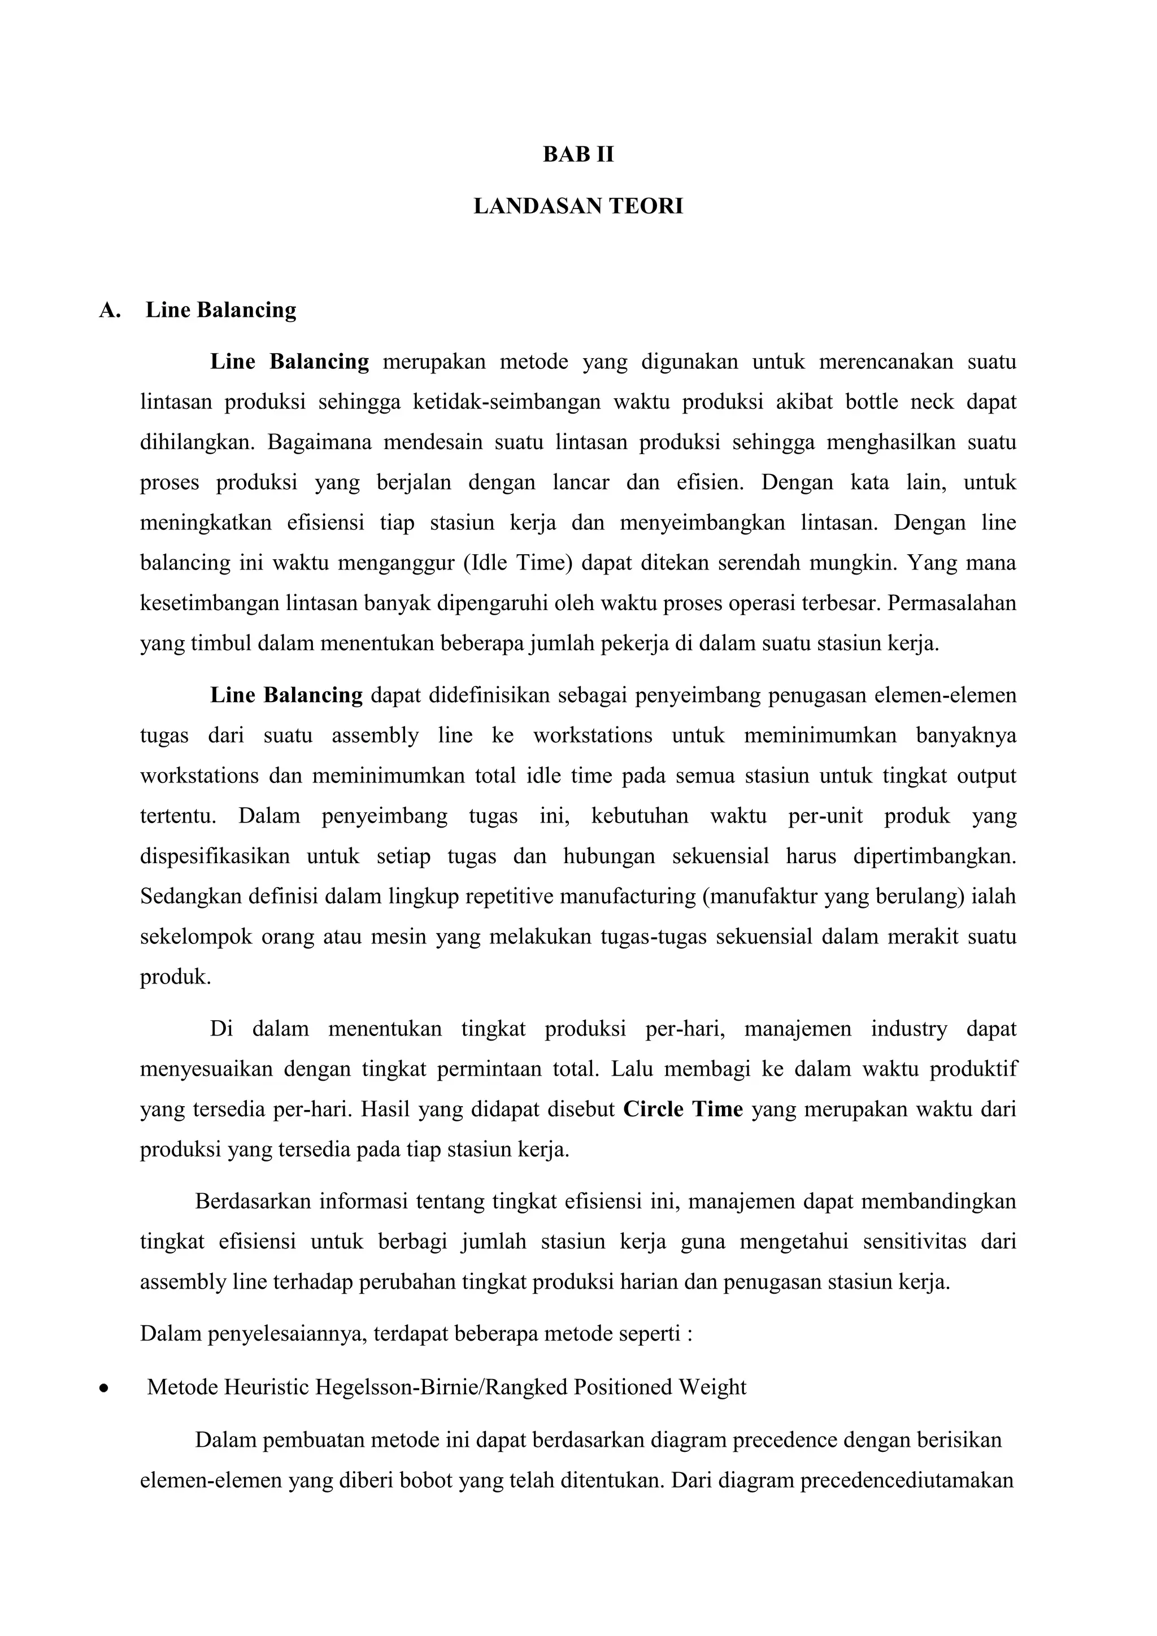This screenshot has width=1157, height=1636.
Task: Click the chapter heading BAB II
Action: point(578,155)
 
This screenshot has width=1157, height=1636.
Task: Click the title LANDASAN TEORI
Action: point(578,207)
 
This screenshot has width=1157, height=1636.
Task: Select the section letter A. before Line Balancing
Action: point(110,310)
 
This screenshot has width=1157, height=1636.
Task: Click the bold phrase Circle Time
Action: point(682,1109)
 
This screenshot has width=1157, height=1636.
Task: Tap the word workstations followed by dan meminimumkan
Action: point(199,775)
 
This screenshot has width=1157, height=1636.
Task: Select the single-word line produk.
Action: point(175,976)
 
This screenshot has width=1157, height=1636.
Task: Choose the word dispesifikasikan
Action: point(215,856)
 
